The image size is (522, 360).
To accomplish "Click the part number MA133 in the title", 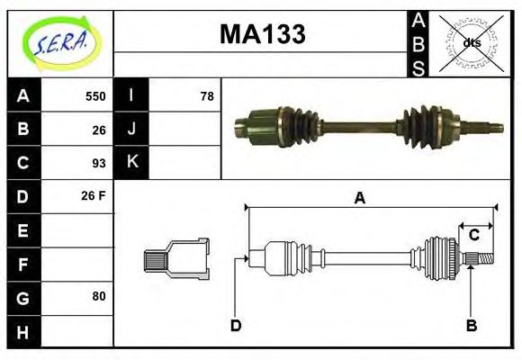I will click(262, 35).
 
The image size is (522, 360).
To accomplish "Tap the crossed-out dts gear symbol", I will click(472, 42).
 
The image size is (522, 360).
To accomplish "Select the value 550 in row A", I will click(94, 96).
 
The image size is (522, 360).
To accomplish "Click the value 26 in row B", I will click(98, 130).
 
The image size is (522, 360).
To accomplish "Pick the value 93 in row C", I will click(98, 163).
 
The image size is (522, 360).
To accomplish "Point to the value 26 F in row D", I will click(94, 195).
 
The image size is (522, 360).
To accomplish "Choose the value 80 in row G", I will click(98, 295).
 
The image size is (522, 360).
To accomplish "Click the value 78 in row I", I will click(206, 96).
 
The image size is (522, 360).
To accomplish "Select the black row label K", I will click(131, 163).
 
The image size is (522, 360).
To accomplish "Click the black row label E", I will click(23, 230).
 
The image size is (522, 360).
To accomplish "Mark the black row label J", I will click(131, 130).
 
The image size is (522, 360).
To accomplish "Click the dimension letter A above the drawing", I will click(359, 198).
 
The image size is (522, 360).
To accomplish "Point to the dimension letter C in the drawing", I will click(473, 236).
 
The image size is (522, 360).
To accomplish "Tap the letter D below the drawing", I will click(236, 325).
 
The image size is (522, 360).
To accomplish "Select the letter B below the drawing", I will click(471, 325).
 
